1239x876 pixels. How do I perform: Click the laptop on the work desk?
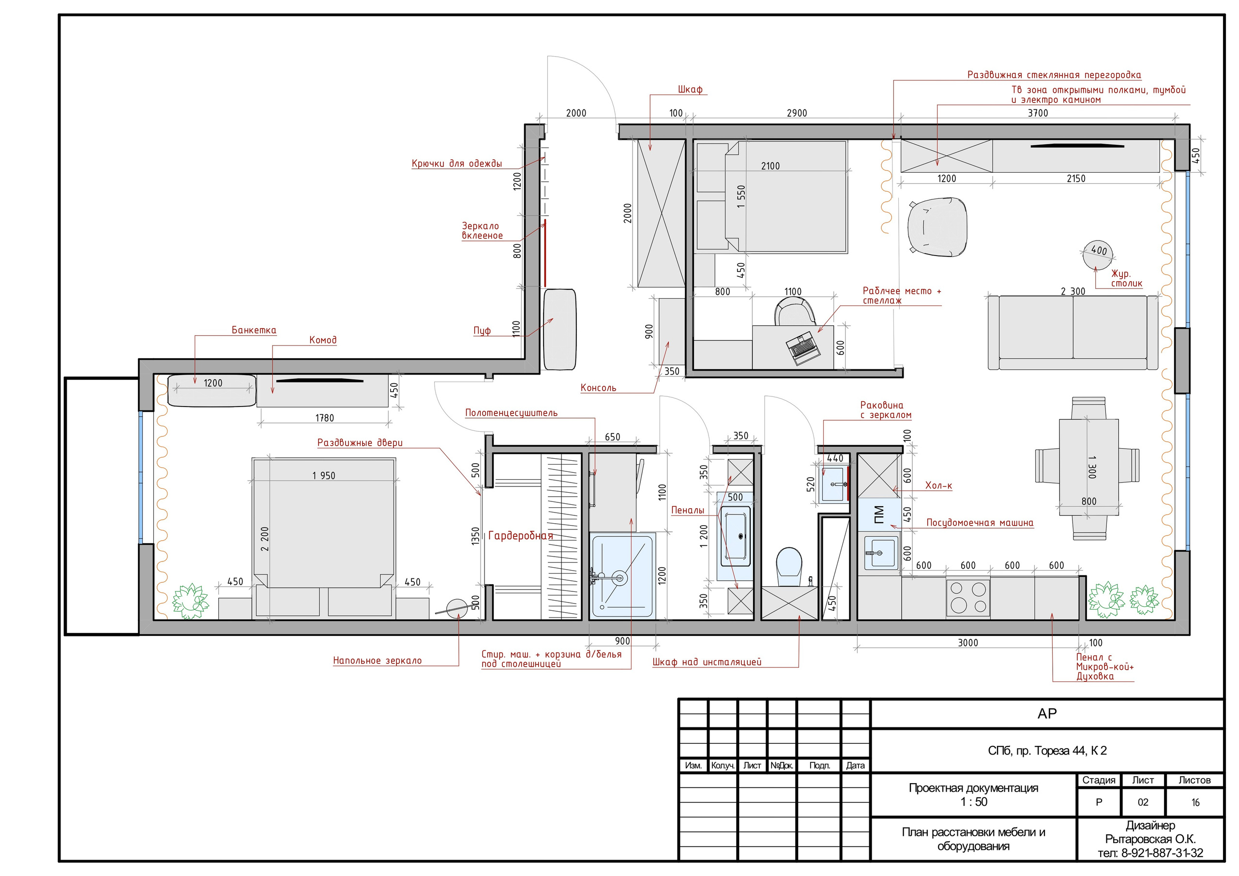click(803, 348)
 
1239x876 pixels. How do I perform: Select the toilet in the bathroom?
click(789, 566)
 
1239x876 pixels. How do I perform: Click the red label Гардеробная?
click(520, 536)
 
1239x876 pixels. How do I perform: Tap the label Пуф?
click(482, 331)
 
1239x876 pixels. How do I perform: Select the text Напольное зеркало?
click(377, 661)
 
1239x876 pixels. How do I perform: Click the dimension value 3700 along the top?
click(1037, 113)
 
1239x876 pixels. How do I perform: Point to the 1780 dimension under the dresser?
click(324, 418)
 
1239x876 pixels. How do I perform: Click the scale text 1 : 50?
click(973, 801)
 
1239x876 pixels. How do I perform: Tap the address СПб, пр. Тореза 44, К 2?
click(1047, 751)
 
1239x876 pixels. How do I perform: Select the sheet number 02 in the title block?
click(1142, 802)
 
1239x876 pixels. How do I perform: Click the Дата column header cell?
click(855, 765)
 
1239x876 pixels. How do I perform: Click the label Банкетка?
click(254, 330)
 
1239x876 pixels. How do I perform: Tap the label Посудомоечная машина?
click(980, 523)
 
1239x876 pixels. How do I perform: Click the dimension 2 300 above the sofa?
click(1073, 291)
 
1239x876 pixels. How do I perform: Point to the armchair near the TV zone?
click(937, 226)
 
